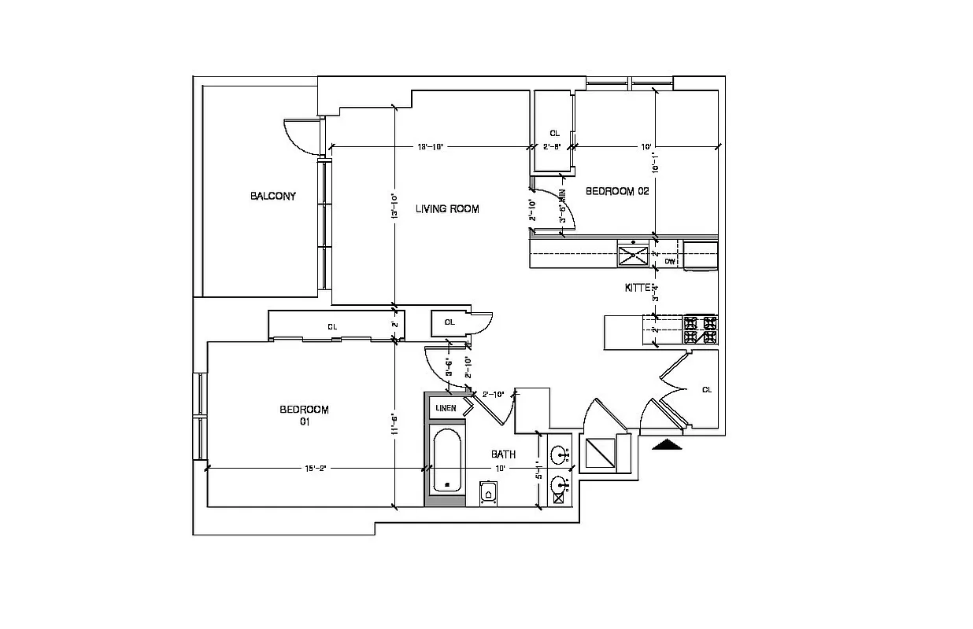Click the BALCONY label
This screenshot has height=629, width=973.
[273, 196]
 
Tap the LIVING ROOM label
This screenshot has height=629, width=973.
[447, 209]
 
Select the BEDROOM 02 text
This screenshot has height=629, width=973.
[616, 191]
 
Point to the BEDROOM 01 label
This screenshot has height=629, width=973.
[304, 415]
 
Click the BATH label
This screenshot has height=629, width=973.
[503, 454]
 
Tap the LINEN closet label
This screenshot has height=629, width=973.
[446, 408]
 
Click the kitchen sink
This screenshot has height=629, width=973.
[632, 256]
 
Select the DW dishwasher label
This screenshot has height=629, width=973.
[670, 261]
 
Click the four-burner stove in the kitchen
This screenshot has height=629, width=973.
[700, 329]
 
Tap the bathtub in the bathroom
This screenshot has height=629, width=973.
[448, 460]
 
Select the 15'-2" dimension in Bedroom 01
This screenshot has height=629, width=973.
[315, 469]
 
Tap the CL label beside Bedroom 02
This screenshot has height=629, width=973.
[554, 134]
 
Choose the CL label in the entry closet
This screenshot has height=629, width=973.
[706, 390]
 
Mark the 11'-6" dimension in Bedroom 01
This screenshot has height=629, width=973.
[393, 425]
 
